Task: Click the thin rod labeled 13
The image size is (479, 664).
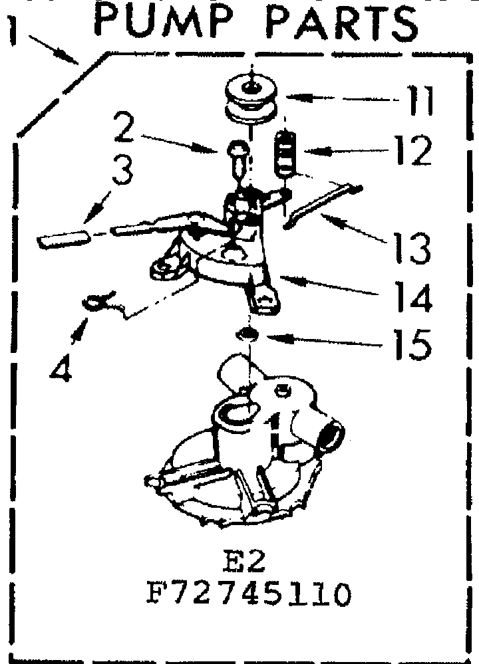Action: (321, 206)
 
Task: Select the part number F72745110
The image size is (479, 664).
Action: (247, 594)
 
